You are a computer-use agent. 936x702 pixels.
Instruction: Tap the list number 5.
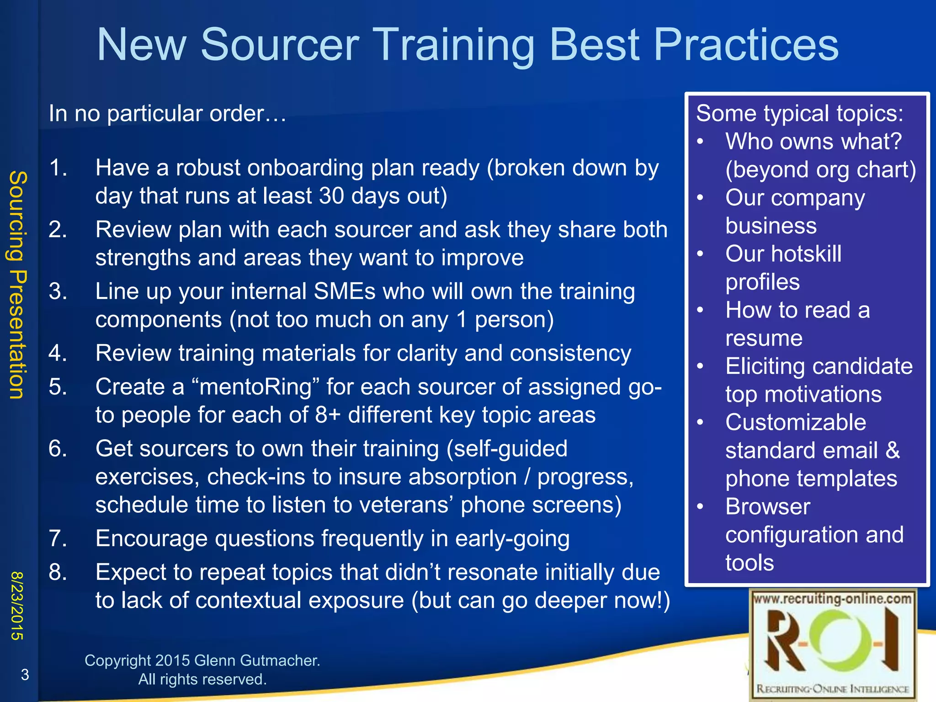coord(58,387)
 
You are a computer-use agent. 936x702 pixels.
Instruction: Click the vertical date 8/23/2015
coord(17,605)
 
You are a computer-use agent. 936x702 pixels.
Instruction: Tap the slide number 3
coord(25,674)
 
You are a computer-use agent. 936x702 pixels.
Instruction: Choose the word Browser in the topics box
coord(768,507)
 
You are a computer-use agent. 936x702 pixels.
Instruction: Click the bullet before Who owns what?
coord(700,142)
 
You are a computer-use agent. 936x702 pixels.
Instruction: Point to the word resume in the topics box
coord(764,339)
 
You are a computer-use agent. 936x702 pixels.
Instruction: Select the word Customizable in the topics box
coord(796,423)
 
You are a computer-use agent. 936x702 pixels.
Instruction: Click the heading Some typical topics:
coord(799,113)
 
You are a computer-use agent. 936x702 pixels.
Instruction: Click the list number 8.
coord(58,572)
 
